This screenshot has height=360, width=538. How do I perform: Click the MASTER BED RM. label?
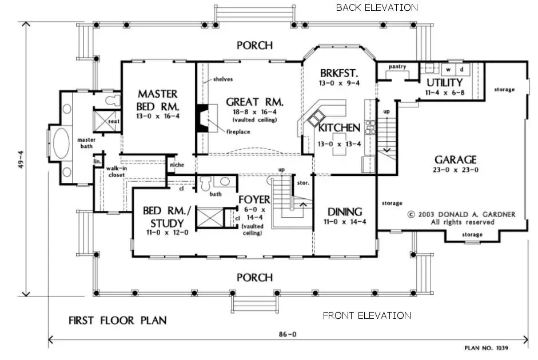pyautogui.click(x=157, y=100)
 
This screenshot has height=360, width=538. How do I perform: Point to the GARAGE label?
pyautogui.click(x=455, y=159)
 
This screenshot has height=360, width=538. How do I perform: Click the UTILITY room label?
pyautogui.click(x=444, y=83)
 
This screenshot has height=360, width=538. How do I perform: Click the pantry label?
pyautogui.click(x=397, y=67)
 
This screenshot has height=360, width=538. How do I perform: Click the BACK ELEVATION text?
pyautogui.click(x=376, y=7)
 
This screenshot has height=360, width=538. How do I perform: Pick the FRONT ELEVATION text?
pyautogui.click(x=366, y=315)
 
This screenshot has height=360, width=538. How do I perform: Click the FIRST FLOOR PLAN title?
pyautogui.click(x=117, y=320)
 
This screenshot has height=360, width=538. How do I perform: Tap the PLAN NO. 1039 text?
pyautogui.click(x=485, y=347)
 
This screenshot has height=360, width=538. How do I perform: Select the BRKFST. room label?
pyautogui.click(x=338, y=73)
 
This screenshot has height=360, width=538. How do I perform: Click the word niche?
pyautogui.click(x=177, y=165)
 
